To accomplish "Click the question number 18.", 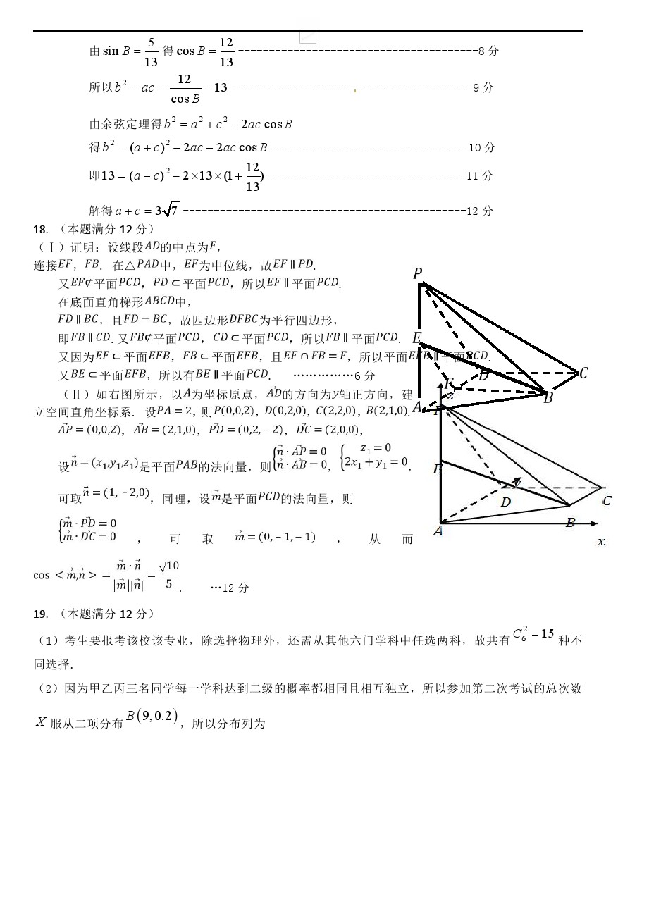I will click(40, 230).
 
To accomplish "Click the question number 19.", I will click(40, 614).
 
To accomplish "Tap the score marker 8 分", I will click(488, 51).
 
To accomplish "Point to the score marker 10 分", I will click(482, 148).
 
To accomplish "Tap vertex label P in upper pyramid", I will click(417, 274).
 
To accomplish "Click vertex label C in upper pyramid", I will click(583, 373).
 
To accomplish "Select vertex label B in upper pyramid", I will click(548, 398).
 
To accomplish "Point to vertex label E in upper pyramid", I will click(416, 338).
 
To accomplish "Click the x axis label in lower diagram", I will click(601, 542).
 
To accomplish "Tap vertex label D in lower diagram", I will click(505, 502).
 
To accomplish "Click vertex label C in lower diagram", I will click(607, 501).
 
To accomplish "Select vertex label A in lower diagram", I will click(438, 531).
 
